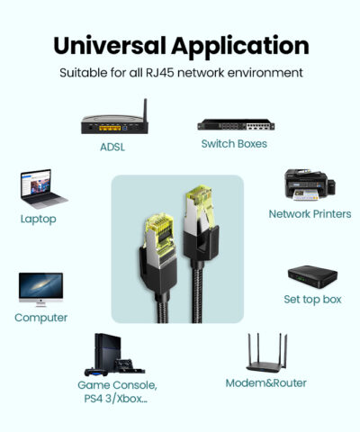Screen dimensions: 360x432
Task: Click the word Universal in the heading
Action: pos(110,45)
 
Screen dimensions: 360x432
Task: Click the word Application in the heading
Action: pos(240,48)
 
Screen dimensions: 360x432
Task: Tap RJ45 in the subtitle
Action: pos(160,73)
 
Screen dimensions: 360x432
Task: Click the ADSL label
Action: pos(112,147)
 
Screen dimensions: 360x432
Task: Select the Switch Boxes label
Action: pos(234,144)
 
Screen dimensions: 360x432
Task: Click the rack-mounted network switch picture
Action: pos(236,124)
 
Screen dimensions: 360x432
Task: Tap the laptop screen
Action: pos(36,183)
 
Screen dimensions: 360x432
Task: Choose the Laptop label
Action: pos(39,219)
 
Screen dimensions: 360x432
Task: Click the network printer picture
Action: pos(310,185)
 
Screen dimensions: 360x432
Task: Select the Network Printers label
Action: pos(310,214)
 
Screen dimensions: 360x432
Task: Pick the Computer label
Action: pos(40,318)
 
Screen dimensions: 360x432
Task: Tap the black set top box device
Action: pos(312,276)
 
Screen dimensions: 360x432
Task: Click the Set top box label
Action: pos(312,299)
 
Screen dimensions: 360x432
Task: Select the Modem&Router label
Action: pos(266,383)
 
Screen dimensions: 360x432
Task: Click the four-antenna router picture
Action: pos(266,353)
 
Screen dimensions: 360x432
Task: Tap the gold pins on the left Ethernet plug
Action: pos(160,223)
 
